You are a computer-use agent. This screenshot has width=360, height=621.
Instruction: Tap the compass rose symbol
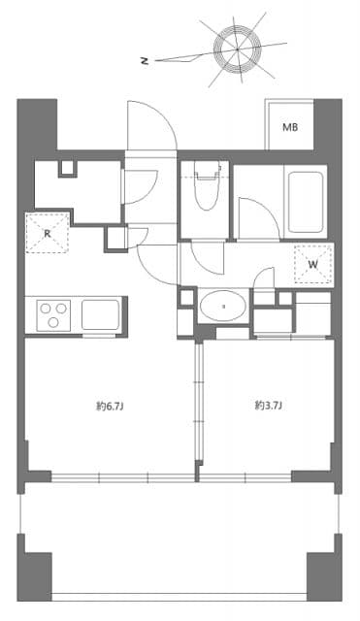239,47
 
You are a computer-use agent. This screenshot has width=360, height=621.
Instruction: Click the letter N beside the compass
144,60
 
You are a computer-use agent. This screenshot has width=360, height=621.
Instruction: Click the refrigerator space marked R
48,233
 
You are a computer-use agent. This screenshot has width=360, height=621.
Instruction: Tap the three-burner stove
54,314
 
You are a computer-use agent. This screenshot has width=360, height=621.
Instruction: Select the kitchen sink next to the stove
99,314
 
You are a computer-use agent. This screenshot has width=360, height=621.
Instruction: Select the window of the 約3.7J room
247,476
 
